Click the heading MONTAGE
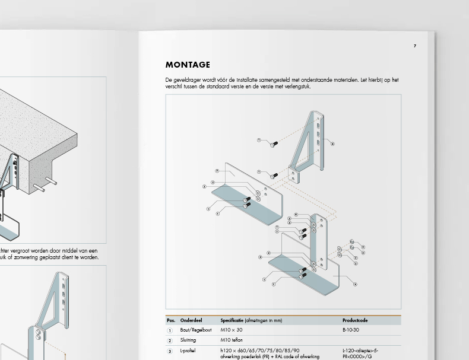pos(188,65)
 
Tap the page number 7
pos(415,46)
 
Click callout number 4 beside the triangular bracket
pos(332,144)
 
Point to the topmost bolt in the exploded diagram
pos(274,144)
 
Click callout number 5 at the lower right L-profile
pos(355,284)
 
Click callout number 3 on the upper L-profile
pos(217,171)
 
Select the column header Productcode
pos(355,320)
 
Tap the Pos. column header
pos(171,320)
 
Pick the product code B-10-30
pos(351,330)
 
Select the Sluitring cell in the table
pos(188,340)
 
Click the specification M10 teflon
pos(232,340)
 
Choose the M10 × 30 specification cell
pos(232,330)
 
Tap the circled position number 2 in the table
pos(170,340)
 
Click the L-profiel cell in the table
pos(189,351)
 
